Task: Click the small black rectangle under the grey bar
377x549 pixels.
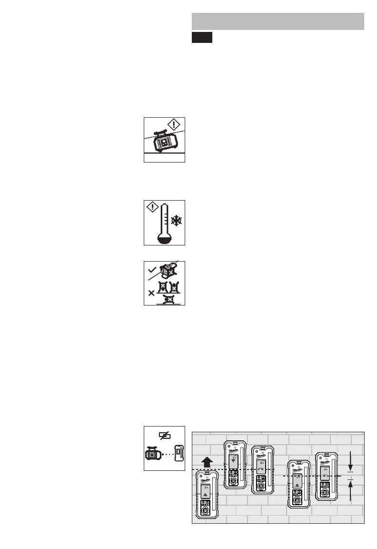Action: click(202, 38)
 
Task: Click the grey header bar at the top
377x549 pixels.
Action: click(278, 21)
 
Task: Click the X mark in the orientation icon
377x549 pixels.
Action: click(151, 293)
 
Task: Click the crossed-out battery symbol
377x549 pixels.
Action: click(164, 436)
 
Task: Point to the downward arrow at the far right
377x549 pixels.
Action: click(351, 460)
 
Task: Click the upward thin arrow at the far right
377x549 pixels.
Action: click(351, 491)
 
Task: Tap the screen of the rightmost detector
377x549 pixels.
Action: click(325, 470)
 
